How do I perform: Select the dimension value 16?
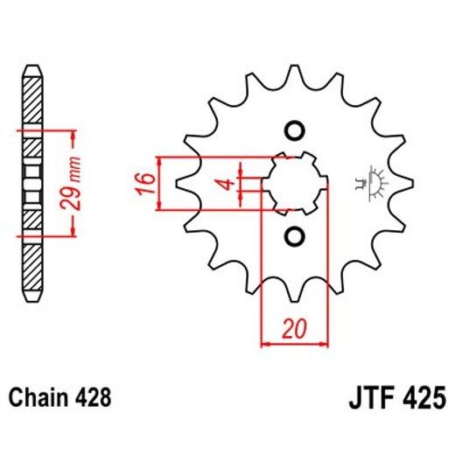(x=146, y=184)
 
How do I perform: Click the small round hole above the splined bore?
(x=294, y=131)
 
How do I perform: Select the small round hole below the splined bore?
(x=294, y=236)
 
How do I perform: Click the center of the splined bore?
(x=294, y=184)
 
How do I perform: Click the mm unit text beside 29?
(x=76, y=170)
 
